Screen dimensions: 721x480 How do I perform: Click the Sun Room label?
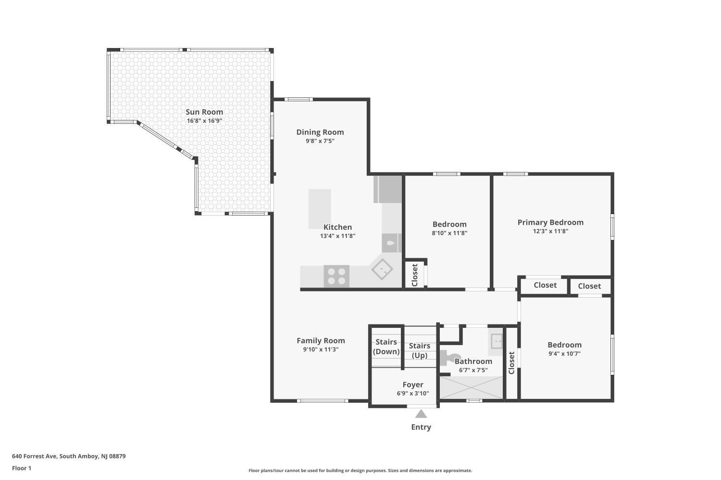(204, 112)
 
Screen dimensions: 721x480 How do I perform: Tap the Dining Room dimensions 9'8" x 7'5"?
(320, 141)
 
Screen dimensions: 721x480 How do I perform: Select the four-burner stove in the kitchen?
(336, 276)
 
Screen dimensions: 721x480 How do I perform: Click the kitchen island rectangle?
(320, 209)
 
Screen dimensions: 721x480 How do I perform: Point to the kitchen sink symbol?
(391, 243)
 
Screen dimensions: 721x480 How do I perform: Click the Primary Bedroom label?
(550, 222)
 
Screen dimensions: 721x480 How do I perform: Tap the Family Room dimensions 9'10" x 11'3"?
(321, 349)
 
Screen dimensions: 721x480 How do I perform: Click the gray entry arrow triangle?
(421, 414)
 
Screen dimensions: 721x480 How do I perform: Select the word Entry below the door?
(421, 427)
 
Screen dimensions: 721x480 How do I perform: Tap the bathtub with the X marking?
(471, 387)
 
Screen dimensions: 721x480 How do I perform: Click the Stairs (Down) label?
(386, 347)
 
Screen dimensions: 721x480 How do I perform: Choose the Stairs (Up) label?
(420, 350)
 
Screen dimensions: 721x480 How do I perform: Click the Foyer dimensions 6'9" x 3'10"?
(413, 393)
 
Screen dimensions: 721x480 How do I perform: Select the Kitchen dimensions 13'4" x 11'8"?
(337, 236)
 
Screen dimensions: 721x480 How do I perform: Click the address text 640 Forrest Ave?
(35, 456)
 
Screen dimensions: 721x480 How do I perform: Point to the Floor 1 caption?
(22, 468)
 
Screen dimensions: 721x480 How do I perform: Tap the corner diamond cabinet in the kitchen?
(382, 269)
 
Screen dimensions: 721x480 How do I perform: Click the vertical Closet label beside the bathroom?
(511, 363)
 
